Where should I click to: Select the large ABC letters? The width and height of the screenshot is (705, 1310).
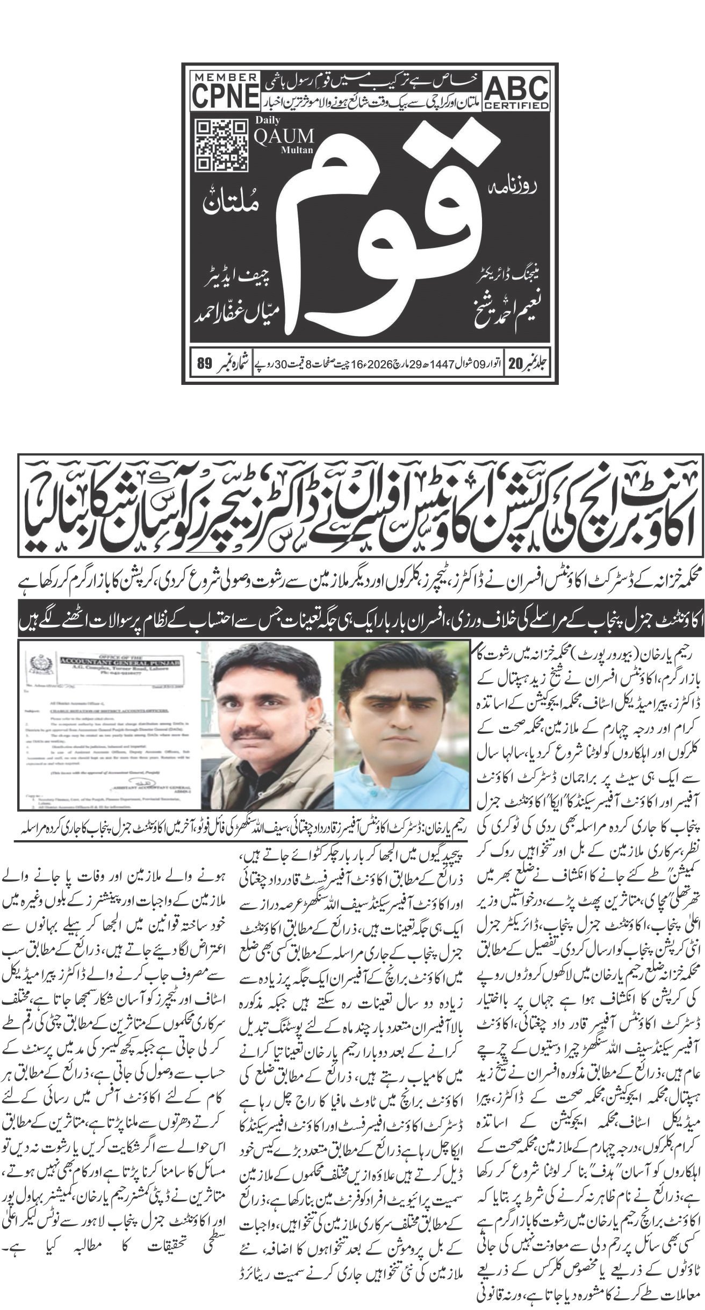(517, 88)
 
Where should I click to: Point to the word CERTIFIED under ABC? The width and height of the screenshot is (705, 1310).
(517, 105)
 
